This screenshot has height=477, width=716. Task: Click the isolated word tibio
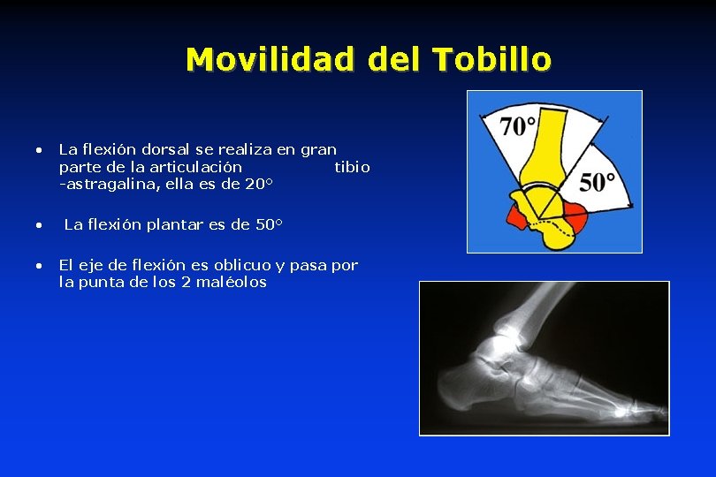pyautogui.click(x=353, y=166)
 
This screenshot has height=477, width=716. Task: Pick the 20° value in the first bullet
pyautogui.click(x=256, y=183)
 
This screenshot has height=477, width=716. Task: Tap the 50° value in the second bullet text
pyautogui.click(x=268, y=224)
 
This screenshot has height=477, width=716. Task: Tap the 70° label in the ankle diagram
pyautogui.click(x=518, y=125)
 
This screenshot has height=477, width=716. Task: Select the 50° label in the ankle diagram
pyautogui.click(x=598, y=181)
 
